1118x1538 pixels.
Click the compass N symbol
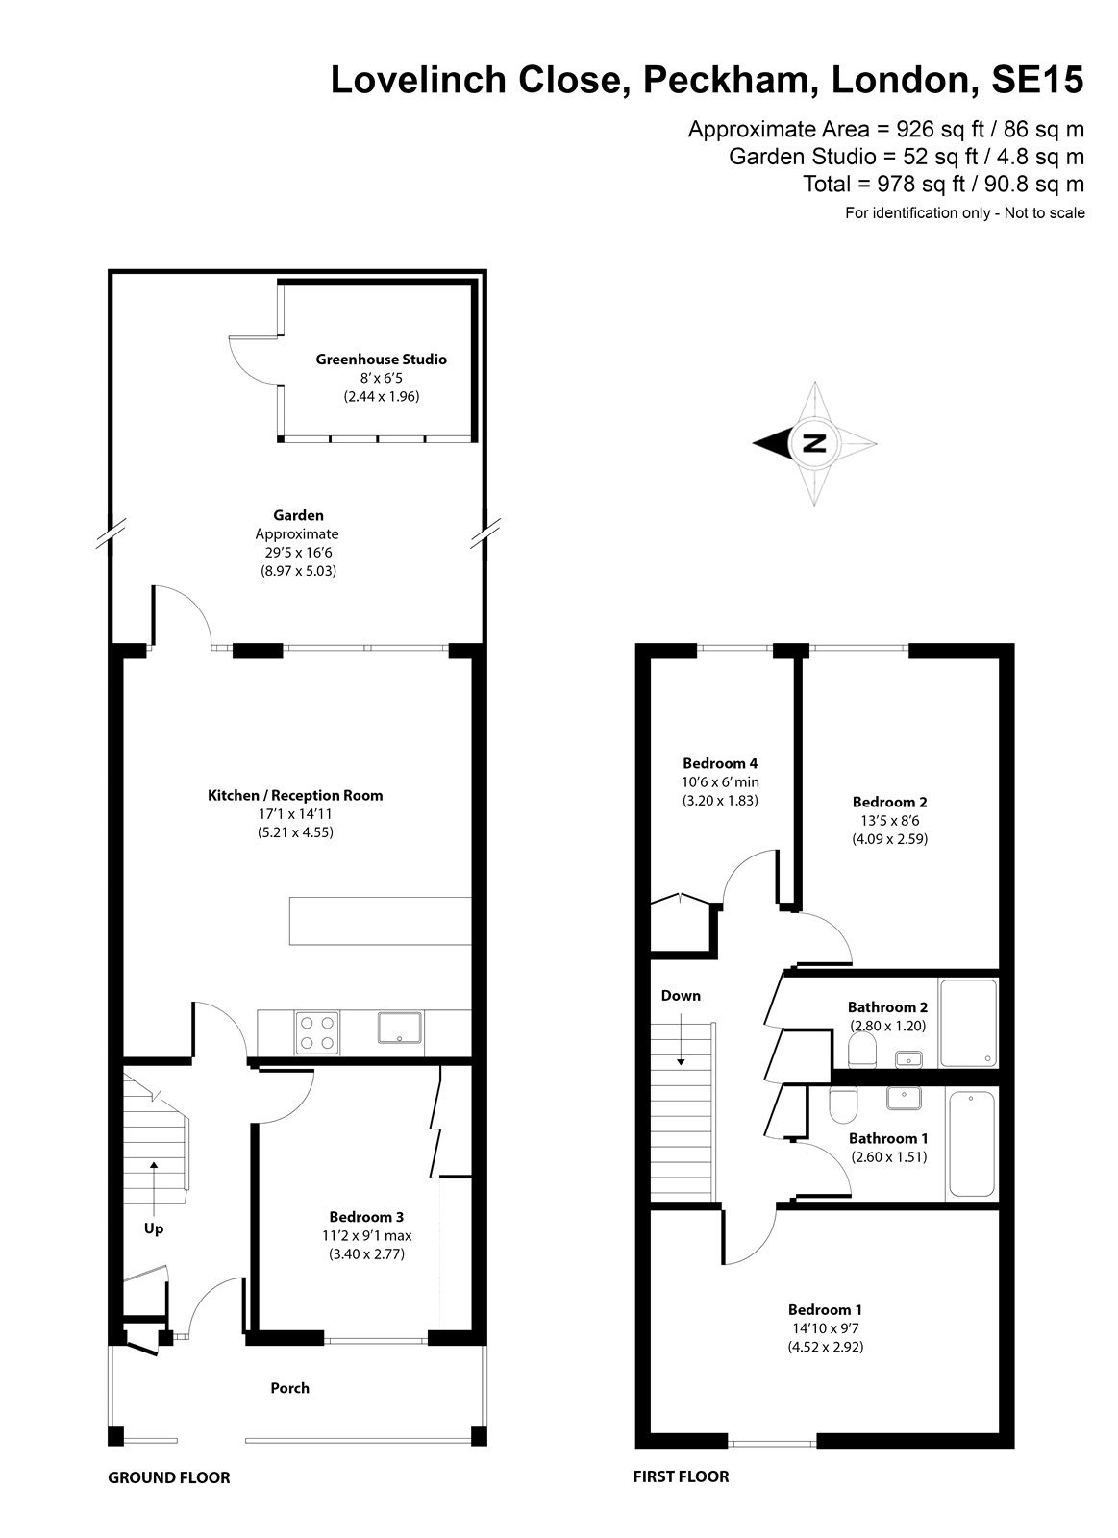coord(814,443)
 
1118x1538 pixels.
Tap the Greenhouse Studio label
coord(381,360)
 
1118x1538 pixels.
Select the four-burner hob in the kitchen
coord(317,1032)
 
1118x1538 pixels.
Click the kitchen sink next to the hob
coord(399,1028)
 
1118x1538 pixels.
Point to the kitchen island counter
coord(381,921)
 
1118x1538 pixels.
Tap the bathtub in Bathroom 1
coord(971,1143)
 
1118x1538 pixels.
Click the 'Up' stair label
coord(154,1228)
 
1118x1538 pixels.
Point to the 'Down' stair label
coord(681,996)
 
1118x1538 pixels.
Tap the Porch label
coord(289,1388)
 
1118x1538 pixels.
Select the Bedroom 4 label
coord(720,763)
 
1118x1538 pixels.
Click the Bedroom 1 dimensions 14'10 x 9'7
coord(825,1327)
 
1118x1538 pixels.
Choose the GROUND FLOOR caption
coord(169,1477)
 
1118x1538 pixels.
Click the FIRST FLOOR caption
coord(682,1476)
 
